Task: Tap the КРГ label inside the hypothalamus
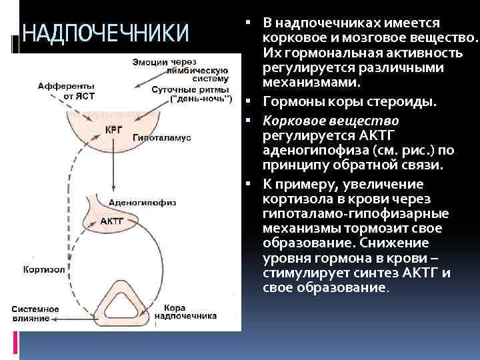[114, 129]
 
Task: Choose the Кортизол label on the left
[43, 270]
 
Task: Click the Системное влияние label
[35, 313]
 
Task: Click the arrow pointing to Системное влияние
[73, 319]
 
